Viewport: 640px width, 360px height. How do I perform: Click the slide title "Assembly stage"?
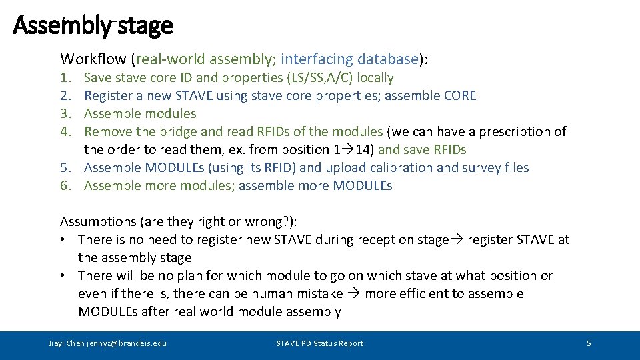(93, 25)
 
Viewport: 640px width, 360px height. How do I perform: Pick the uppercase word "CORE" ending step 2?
(459, 95)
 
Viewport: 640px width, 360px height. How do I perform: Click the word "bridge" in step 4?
(169, 131)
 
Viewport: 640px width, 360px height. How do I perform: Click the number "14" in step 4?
(365, 149)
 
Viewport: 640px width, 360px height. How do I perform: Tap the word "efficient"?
(423, 293)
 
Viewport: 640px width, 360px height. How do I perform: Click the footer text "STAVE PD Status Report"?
(320, 343)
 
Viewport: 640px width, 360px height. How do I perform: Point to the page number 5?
(589, 343)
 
